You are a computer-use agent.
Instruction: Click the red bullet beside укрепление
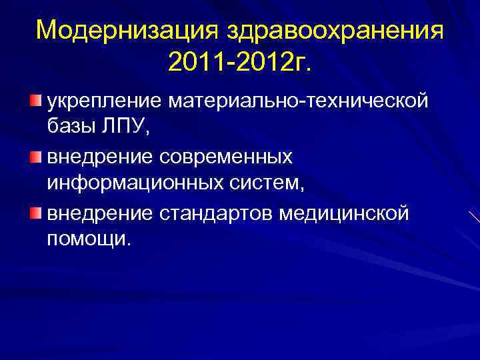click(x=34, y=101)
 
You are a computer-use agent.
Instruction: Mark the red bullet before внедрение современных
click(x=34, y=157)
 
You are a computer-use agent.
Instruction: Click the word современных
click(x=227, y=157)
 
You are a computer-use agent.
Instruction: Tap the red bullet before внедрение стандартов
click(x=34, y=213)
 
